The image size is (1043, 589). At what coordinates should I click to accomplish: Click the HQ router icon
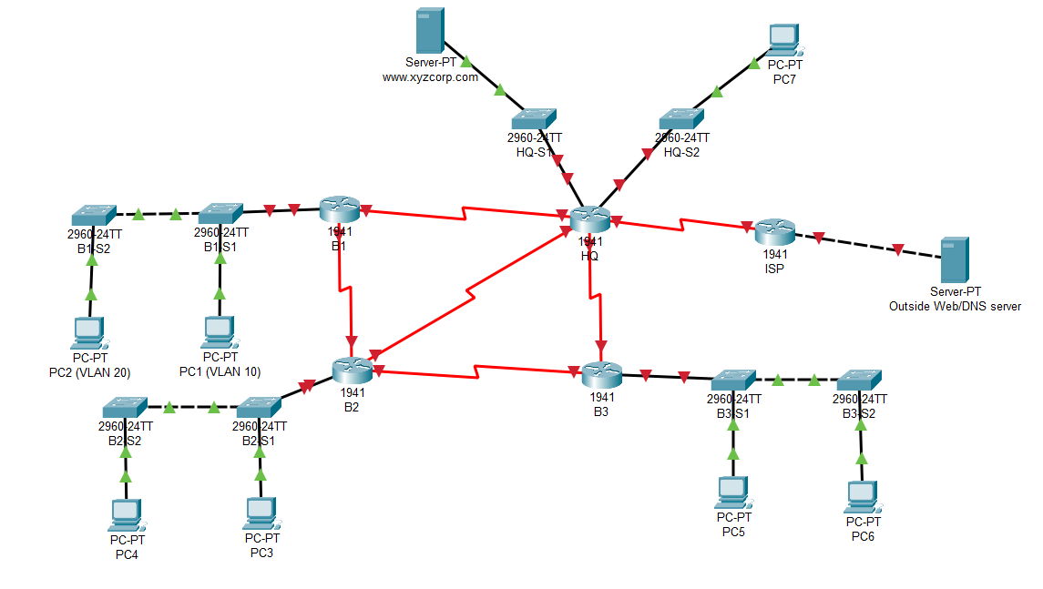coord(589,219)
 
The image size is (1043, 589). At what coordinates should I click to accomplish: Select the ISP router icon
coord(775,232)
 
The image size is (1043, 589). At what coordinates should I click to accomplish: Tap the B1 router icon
coord(339,210)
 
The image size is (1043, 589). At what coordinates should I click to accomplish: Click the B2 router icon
coord(352,370)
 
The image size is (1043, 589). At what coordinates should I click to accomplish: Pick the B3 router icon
coord(601,373)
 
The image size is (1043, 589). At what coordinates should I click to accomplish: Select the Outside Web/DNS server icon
coord(954,260)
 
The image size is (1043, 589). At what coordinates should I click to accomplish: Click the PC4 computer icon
coord(125,515)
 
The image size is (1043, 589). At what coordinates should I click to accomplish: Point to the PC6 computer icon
coord(861,497)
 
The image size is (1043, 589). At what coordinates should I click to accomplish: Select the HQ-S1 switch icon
coord(534,118)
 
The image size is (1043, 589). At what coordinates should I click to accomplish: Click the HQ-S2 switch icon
coord(681,118)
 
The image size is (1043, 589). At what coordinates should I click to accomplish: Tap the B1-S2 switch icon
coord(93,214)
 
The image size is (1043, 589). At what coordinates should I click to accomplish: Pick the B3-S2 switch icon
coord(859,380)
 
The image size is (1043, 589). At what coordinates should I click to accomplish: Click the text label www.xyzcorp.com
coord(430,78)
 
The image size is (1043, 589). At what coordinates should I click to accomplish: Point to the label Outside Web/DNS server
coord(954,307)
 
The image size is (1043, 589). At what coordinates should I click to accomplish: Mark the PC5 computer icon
coord(732,493)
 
